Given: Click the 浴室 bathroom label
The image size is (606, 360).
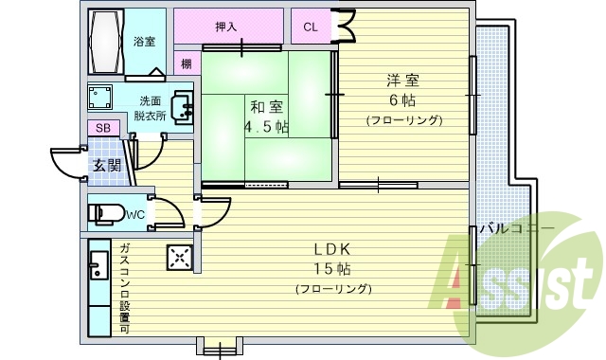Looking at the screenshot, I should (x=144, y=42).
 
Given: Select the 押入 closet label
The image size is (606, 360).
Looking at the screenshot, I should (x=226, y=27).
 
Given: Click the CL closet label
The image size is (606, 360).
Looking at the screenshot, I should (x=311, y=27).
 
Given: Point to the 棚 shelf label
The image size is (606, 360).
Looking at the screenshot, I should (x=186, y=64).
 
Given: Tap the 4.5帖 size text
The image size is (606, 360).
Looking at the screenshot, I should (x=266, y=127).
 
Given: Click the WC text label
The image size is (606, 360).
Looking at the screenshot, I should (x=135, y=215).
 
